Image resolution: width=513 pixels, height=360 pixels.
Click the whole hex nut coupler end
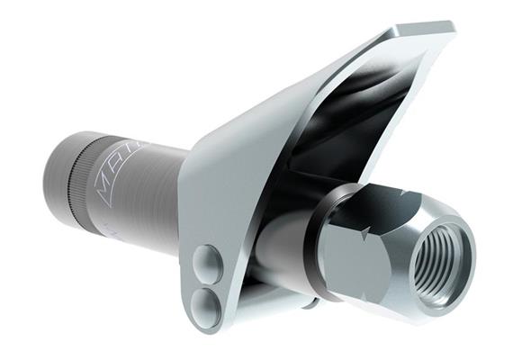pos(387,247)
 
